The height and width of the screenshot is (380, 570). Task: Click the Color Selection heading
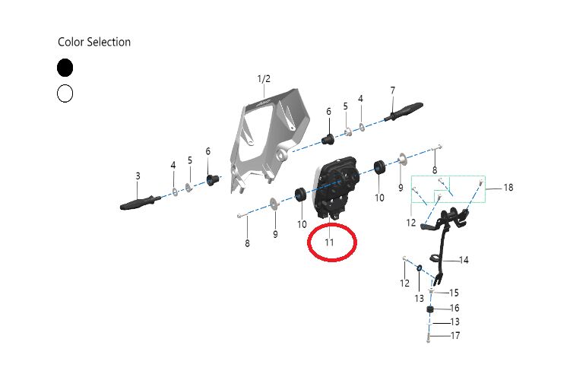coord(94,43)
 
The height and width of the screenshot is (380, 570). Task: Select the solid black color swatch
coord(65,68)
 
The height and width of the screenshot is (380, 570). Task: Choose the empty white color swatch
coord(65,93)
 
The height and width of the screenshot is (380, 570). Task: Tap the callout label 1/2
coord(264,79)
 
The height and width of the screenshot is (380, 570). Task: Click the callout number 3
coord(138,176)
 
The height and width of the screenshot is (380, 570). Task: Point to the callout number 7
coord(393,90)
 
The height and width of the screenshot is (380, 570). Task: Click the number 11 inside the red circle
coord(329,242)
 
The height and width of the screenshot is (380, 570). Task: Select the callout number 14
coord(464,261)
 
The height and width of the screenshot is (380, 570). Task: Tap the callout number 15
coord(454,293)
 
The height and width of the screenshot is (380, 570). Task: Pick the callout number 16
coord(454,309)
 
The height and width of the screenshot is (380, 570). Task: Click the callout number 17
coord(455,336)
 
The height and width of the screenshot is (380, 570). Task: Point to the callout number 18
coord(508,188)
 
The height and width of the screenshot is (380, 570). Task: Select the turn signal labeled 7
coord(404,112)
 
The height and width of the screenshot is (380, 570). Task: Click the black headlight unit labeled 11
coord(335,188)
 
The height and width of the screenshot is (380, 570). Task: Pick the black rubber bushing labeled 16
coord(431,310)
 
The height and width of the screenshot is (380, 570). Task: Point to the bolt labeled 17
coord(429,337)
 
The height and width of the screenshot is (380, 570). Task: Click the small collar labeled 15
coord(431,291)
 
